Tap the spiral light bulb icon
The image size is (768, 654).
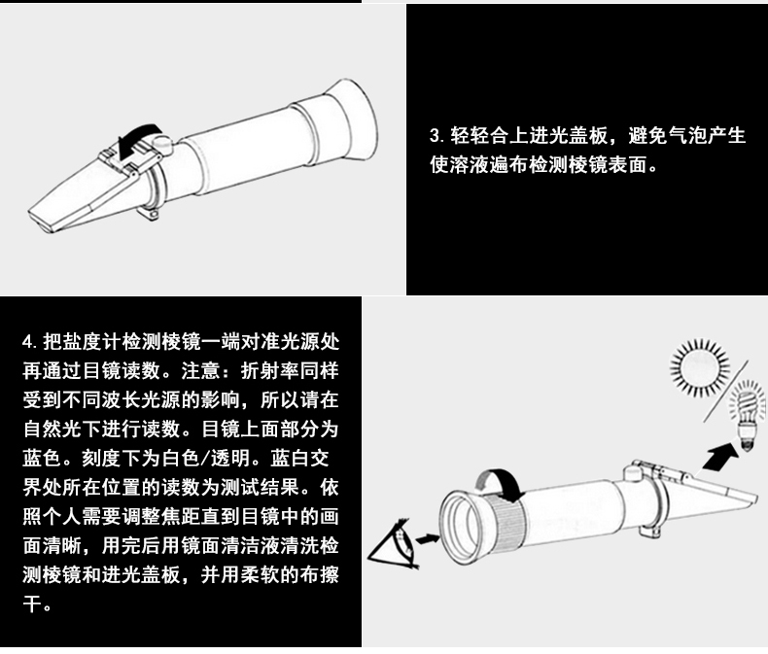[x=748, y=415]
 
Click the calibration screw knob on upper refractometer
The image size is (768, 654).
[x=159, y=145]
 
